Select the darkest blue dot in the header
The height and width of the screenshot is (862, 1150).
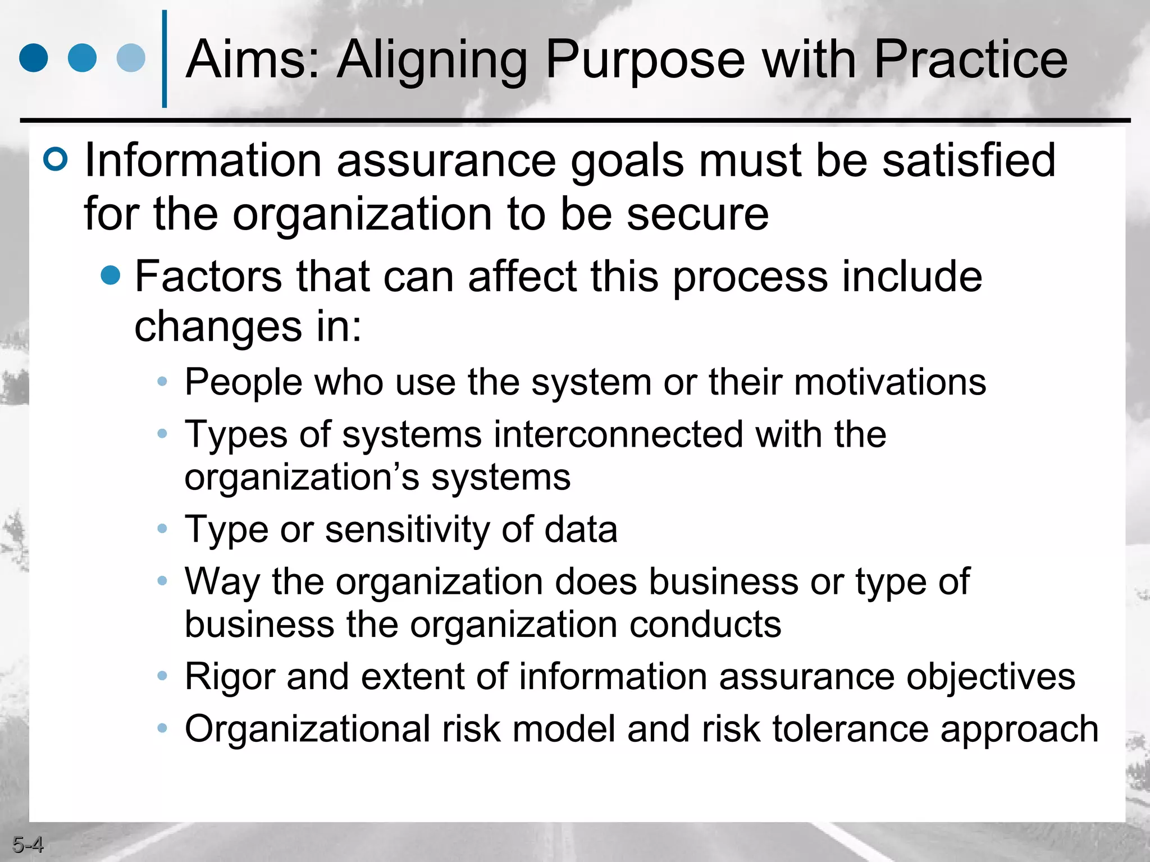(34, 58)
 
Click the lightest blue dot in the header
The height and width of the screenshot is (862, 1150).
(131, 58)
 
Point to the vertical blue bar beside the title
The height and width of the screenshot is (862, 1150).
(165, 59)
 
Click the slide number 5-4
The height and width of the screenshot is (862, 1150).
(28, 844)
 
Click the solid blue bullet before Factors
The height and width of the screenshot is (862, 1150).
(111, 275)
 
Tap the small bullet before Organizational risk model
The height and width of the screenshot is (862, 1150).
(162, 728)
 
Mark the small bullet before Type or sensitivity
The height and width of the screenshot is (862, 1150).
(162, 529)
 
